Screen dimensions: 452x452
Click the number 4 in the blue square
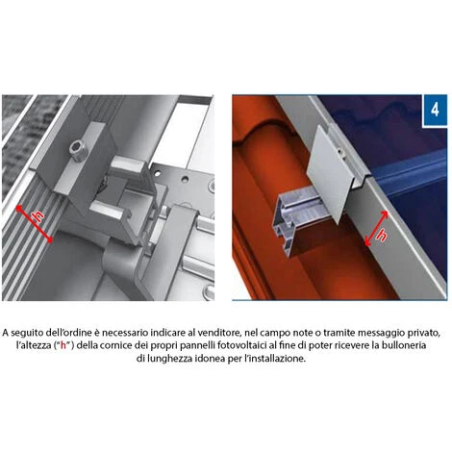[x=435, y=110]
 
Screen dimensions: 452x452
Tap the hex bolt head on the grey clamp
[x=78, y=149]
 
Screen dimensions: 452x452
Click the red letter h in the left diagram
[x=38, y=216]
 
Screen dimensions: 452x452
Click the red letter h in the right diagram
[x=382, y=236]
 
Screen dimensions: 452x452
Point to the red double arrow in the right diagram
[x=377, y=229]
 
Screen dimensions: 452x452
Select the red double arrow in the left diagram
[x=34, y=224]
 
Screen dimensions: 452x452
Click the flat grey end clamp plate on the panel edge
[x=329, y=173]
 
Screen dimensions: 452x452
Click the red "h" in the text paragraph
[x=63, y=345]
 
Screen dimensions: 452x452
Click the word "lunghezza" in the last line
[x=171, y=359]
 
